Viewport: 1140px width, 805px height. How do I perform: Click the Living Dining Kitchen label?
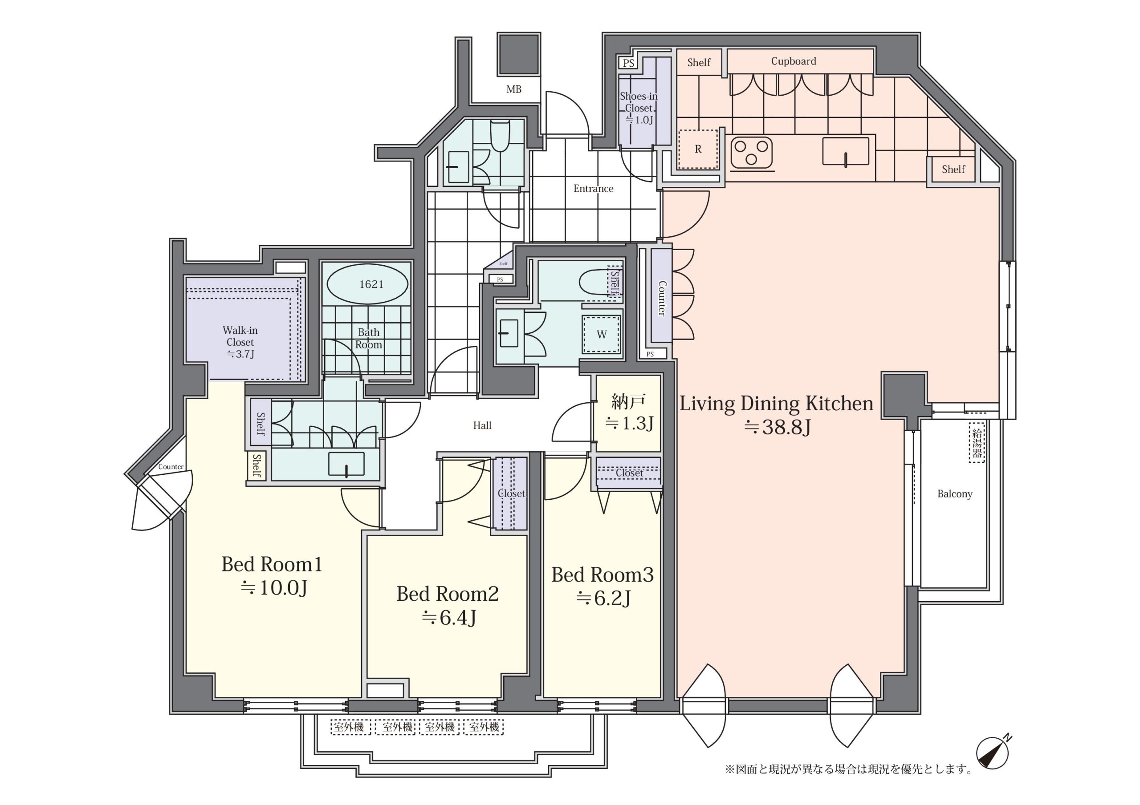pyautogui.click(x=776, y=404)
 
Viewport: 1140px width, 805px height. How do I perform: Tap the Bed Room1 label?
pyautogui.click(x=272, y=564)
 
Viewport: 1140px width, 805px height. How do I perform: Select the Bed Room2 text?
pyautogui.click(x=448, y=594)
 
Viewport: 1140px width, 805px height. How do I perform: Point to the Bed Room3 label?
pyautogui.click(x=602, y=575)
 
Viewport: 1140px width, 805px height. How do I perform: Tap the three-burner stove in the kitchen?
pyautogui.click(x=752, y=152)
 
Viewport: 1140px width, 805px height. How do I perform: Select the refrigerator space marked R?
pyautogui.click(x=698, y=149)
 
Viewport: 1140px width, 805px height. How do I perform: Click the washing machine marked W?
pyautogui.click(x=601, y=334)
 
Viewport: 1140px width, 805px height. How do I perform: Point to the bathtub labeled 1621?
pyautogui.click(x=367, y=284)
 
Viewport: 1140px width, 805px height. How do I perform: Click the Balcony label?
pyautogui.click(x=955, y=494)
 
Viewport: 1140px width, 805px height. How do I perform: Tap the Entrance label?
pyautogui.click(x=593, y=189)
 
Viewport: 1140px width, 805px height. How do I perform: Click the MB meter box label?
pyautogui.click(x=514, y=89)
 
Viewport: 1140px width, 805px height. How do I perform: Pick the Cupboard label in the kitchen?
pyautogui.click(x=794, y=61)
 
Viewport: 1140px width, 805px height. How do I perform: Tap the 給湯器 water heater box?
pyautogui.click(x=977, y=443)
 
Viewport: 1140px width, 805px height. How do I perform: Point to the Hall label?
pyautogui.click(x=482, y=425)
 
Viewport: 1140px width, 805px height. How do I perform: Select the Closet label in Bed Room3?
pyautogui.click(x=629, y=473)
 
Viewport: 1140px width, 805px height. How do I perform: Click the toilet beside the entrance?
pyautogui.click(x=500, y=134)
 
